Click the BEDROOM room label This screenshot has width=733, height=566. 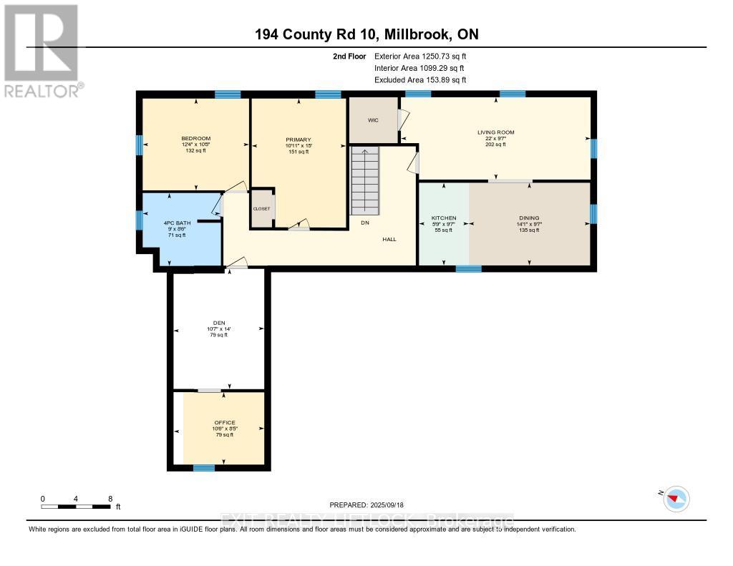pyautogui.click(x=195, y=138)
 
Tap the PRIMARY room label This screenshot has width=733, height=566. pyautogui.click(x=298, y=140)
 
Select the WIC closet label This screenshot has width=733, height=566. pyautogui.click(x=373, y=120)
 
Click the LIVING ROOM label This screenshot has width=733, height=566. pyautogui.click(x=496, y=132)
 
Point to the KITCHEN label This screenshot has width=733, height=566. pyautogui.click(x=443, y=218)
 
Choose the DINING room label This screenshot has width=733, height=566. pyautogui.click(x=529, y=218)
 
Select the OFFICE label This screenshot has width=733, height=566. pyautogui.click(x=225, y=423)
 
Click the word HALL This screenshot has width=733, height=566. pyautogui.click(x=389, y=240)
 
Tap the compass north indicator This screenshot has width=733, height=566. pyautogui.click(x=676, y=498)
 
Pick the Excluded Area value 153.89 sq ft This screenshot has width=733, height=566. pyautogui.click(x=437, y=80)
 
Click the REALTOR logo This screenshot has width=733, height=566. pyautogui.click(x=43, y=50)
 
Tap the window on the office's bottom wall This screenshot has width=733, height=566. pyautogui.click(x=204, y=468)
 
